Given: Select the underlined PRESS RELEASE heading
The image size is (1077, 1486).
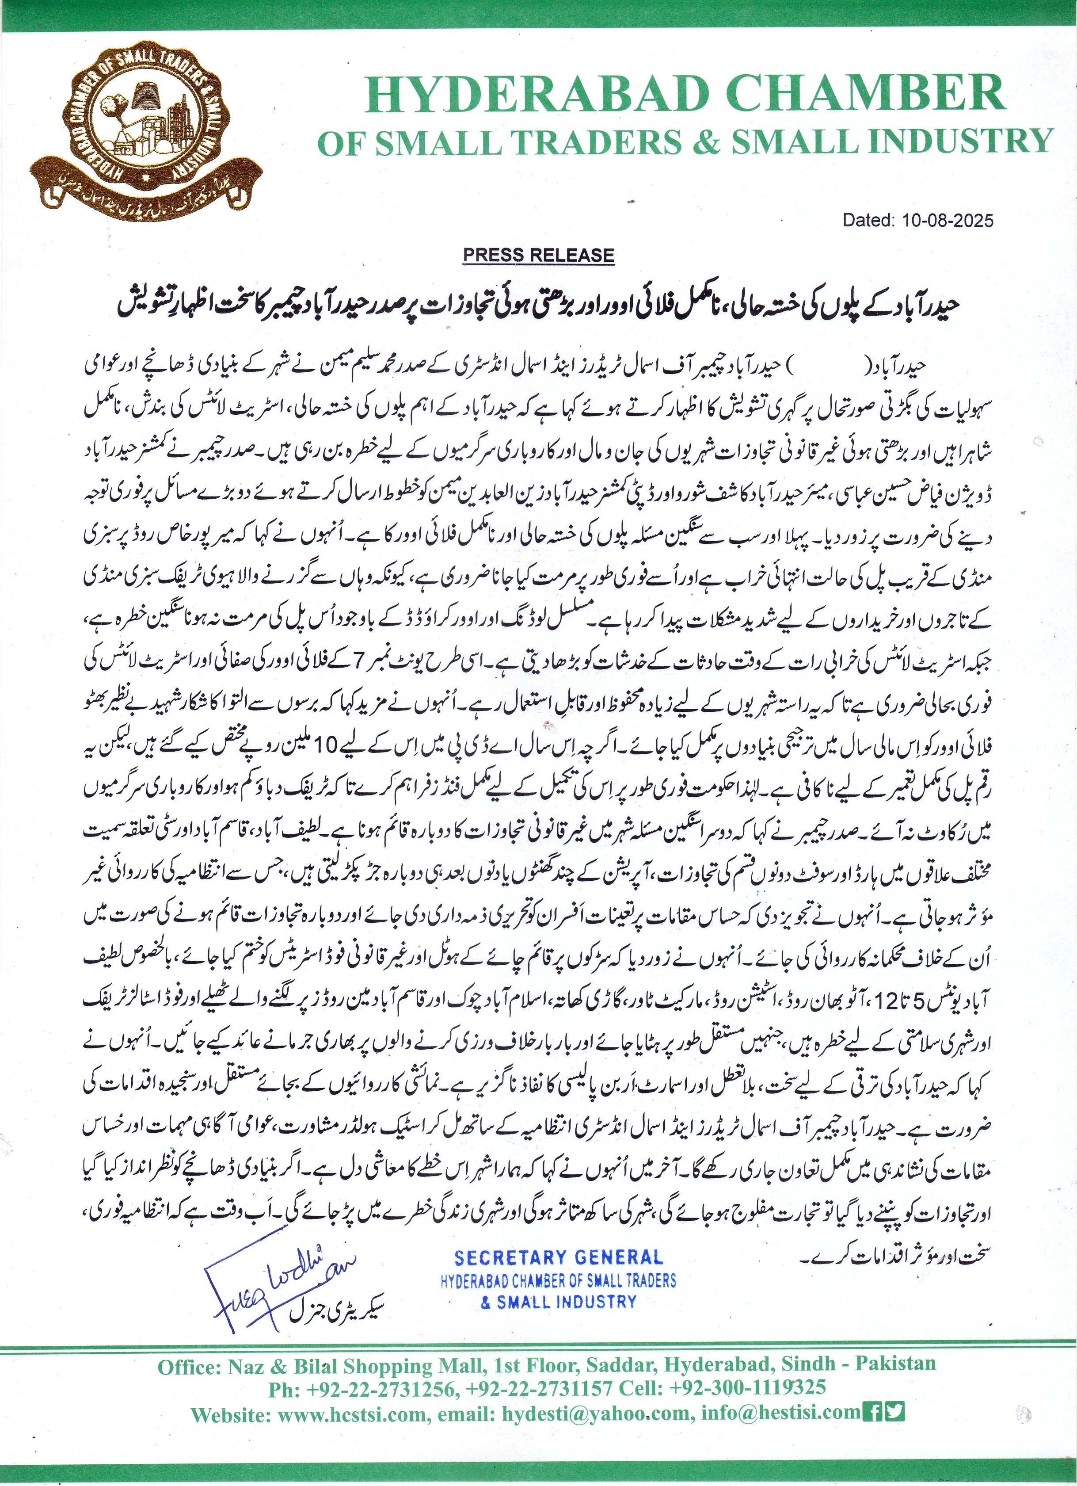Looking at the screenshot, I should click(x=538, y=256).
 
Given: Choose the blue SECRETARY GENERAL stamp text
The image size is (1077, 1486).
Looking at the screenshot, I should click(x=559, y=1257).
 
